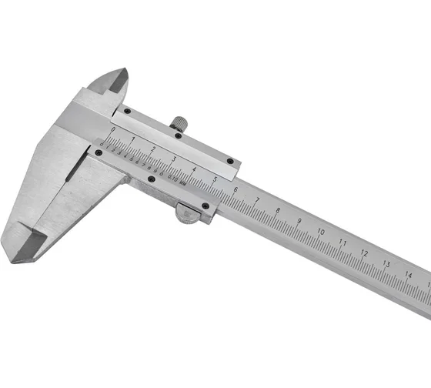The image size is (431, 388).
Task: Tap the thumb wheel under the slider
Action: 188,213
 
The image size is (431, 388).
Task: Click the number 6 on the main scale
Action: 235,189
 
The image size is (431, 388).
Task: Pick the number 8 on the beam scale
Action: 278,210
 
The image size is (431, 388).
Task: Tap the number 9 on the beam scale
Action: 299,221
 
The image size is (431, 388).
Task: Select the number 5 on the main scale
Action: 213,179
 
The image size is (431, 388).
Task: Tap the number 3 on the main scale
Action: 173,159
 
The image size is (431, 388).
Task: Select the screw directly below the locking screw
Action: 178,137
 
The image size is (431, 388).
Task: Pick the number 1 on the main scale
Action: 133,139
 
